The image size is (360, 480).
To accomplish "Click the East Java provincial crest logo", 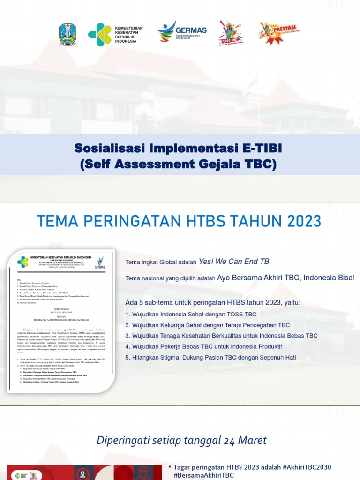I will [x=67, y=34].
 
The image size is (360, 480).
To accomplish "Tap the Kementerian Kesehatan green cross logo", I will [x=99, y=34].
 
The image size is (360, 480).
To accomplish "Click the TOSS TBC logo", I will [x=230, y=33].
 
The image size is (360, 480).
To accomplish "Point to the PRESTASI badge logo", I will [x=279, y=33].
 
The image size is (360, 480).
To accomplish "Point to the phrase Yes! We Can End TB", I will [x=235, y=262].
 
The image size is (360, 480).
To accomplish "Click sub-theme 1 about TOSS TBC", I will [x=191, y=314].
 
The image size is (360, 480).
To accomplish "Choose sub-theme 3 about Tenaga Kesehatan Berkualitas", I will [x=222, y=336].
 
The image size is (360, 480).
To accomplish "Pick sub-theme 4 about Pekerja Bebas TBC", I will [x=204, y=346].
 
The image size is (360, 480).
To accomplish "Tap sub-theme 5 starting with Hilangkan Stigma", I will [x=211, y=357].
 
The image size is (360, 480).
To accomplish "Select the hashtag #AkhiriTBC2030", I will [x=307, y=467].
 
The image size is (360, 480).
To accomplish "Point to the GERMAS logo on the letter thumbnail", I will [x=100, y=262].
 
